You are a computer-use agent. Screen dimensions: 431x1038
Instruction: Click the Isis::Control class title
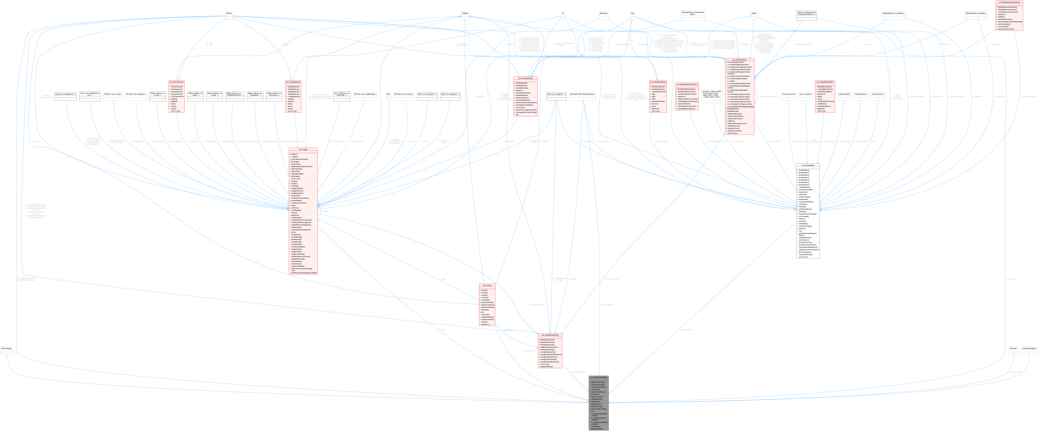(x=486, y=285)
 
